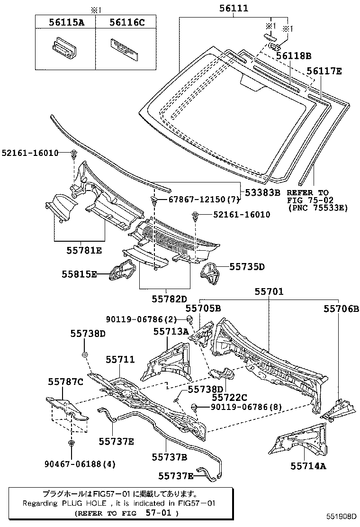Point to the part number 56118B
tap(294, 56)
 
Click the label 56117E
tap(324, 71)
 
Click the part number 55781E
tap(84, 249)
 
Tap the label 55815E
tap(79, 274)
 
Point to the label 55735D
tap(247, 267)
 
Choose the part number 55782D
tap(170, 299)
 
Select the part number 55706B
tap(342, 309)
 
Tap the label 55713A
tap(171, 332)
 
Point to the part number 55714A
tap(308, 466)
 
